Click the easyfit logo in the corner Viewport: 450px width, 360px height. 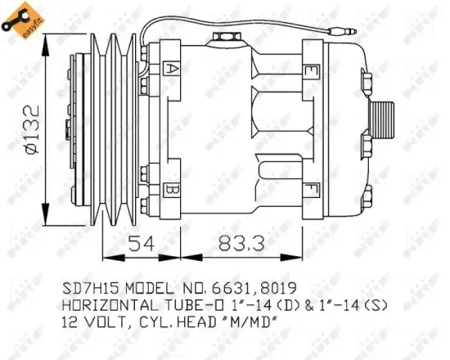click(x=21, y=19)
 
